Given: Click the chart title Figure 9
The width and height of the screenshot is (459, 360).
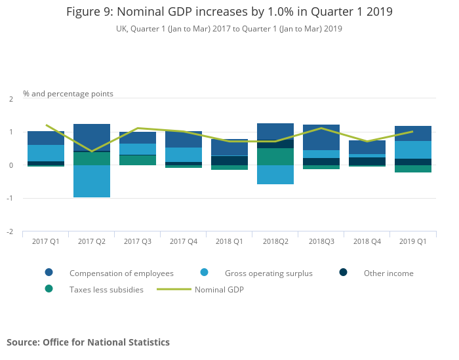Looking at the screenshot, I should point(229,12).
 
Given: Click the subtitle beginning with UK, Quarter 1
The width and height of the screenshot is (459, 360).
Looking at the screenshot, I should point(229,29).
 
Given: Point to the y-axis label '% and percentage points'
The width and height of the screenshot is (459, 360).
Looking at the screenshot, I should point(68,94).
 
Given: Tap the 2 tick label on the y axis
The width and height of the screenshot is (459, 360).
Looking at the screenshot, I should point(11,99).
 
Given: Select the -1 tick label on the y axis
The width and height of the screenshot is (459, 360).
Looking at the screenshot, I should point(10,199).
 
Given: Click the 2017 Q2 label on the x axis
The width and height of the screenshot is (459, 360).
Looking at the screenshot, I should point(92,241).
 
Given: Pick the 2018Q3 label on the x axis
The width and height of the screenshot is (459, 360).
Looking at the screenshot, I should point(321,241).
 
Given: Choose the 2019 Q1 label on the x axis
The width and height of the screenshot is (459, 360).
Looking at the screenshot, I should point(413,241).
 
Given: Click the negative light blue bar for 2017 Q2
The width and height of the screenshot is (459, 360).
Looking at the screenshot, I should point(92,181).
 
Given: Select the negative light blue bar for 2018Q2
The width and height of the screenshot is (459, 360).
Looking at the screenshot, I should point(275,174).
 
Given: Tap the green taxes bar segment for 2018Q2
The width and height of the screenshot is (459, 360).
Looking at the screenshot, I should point(275,157).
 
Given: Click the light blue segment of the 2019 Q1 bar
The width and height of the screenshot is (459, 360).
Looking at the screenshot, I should point(413,150).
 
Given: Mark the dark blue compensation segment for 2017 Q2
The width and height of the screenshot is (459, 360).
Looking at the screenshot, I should point(92,137).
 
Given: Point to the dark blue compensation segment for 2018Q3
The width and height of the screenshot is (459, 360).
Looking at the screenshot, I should point(321,137).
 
